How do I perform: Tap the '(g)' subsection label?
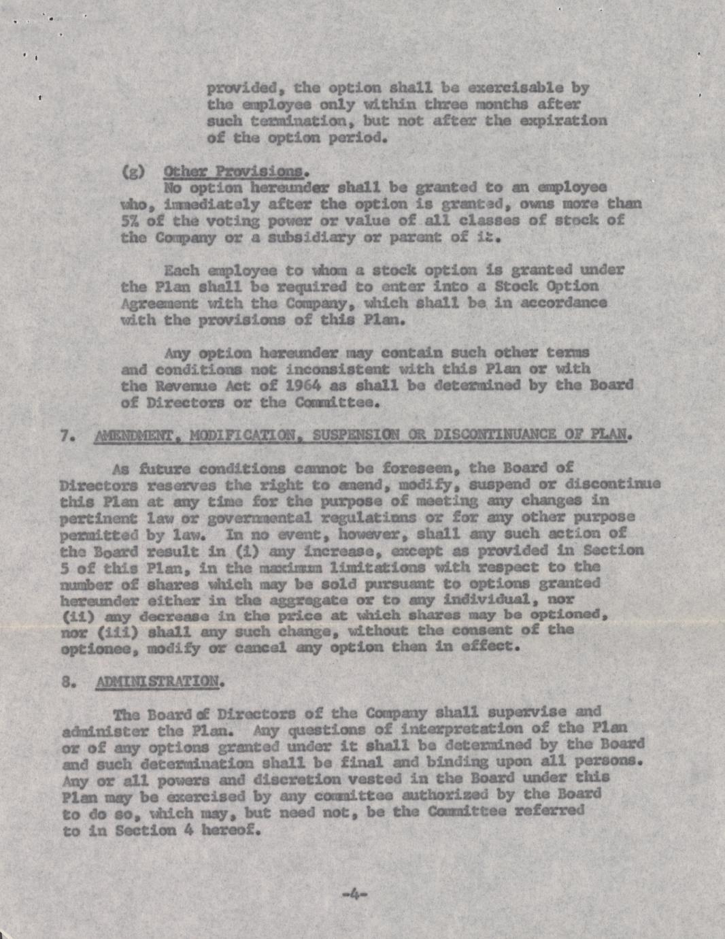coord(133,171)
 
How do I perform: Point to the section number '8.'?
coord(67,681)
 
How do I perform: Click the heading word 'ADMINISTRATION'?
coord(159,681)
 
